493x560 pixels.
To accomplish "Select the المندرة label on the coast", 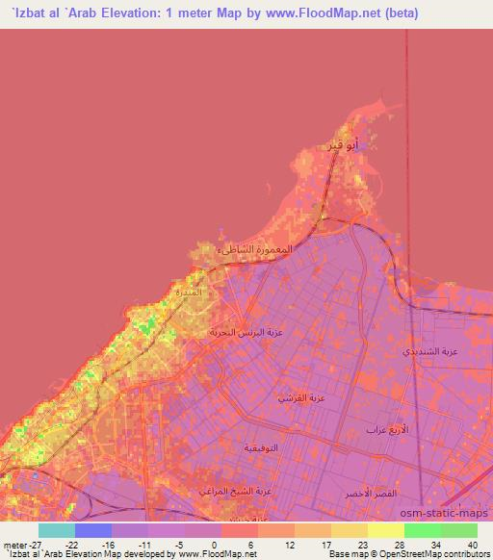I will pos(188,291).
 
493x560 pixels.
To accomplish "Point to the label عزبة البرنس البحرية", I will pos(244,332).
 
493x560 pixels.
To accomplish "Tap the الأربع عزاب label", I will pos(384,429).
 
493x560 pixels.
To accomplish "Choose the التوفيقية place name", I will pos(263,448).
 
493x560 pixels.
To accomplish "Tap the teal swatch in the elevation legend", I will pos(57,529).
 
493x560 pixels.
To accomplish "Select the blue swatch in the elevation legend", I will pos(93,529).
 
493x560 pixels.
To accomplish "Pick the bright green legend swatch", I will pos(422,529).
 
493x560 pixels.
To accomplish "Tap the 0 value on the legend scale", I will pos(214,545).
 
